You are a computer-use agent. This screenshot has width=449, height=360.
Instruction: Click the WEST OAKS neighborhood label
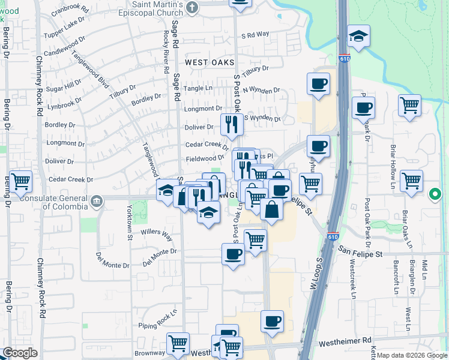[209, 62]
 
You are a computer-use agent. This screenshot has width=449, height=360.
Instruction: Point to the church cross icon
[192, 7]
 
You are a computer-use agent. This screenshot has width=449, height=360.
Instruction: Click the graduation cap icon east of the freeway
[358, 37]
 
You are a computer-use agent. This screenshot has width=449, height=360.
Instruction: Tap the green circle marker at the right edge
[436, 195]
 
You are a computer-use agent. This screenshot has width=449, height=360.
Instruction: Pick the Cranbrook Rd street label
[70, 11]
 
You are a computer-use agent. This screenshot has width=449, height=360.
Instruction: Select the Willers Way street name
[157, 234]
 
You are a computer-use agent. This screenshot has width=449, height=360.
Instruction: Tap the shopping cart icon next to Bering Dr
[20, 181]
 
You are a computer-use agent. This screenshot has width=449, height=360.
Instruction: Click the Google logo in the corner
[20, 352]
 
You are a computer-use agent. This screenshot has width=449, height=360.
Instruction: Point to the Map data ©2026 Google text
[412, 355]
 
